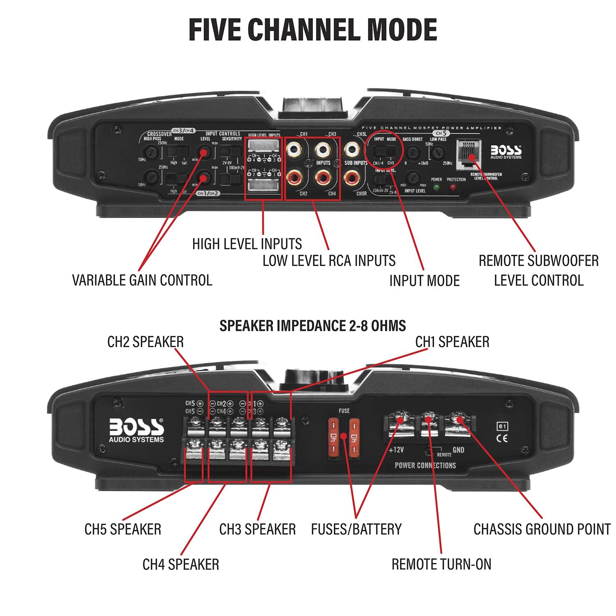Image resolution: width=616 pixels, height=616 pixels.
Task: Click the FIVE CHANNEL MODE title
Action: pos(313,30)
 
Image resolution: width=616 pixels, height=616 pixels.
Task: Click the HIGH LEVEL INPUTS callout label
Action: pos(247,244)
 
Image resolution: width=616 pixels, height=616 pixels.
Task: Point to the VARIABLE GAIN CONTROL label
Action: pos(142,280)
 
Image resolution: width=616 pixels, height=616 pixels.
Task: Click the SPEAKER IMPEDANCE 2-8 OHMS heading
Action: pos(313,326)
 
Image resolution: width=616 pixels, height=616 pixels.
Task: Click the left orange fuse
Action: pos(333,437)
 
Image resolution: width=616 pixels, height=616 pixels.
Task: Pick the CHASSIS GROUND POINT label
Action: pos(542,529)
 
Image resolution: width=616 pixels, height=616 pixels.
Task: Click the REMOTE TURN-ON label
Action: pos(441,564)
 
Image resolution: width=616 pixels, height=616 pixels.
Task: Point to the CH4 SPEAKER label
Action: pos(181,564)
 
